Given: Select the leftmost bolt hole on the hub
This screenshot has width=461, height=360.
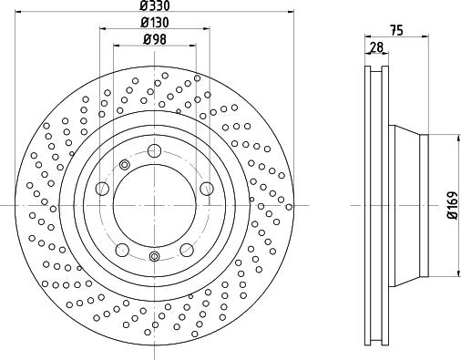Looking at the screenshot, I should pyautogui.click(x=101, y=189).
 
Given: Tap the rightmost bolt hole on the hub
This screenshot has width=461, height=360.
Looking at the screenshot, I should pyautogui.click(x=207, y=189).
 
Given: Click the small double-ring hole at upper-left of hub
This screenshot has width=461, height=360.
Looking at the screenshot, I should pyautogui.click(x=124, y=165).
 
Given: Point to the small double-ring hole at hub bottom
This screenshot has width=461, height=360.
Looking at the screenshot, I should pyautogui.click(x=154, y=256).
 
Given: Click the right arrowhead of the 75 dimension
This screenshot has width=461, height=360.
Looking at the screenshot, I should pyautogui.click(x=424, y=37).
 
